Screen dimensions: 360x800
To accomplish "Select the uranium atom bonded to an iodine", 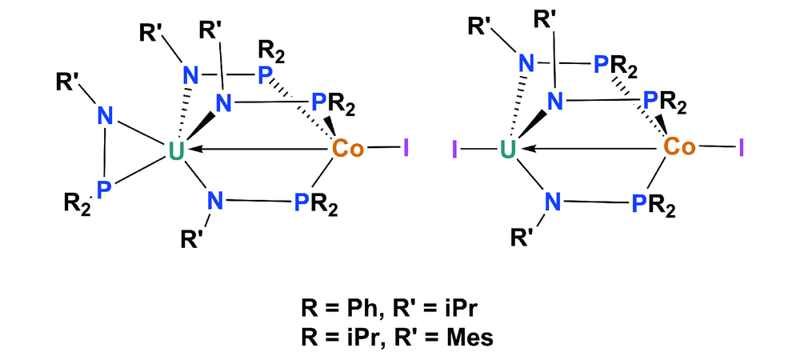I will tap(506, 149).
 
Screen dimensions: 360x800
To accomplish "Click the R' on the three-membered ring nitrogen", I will tap(68, 82).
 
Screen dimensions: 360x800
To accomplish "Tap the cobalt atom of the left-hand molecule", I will tap(349, 149).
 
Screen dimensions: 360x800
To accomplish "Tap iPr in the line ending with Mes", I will tap(374, 337).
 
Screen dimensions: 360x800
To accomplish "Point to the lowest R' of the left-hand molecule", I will tap(193, 238).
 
